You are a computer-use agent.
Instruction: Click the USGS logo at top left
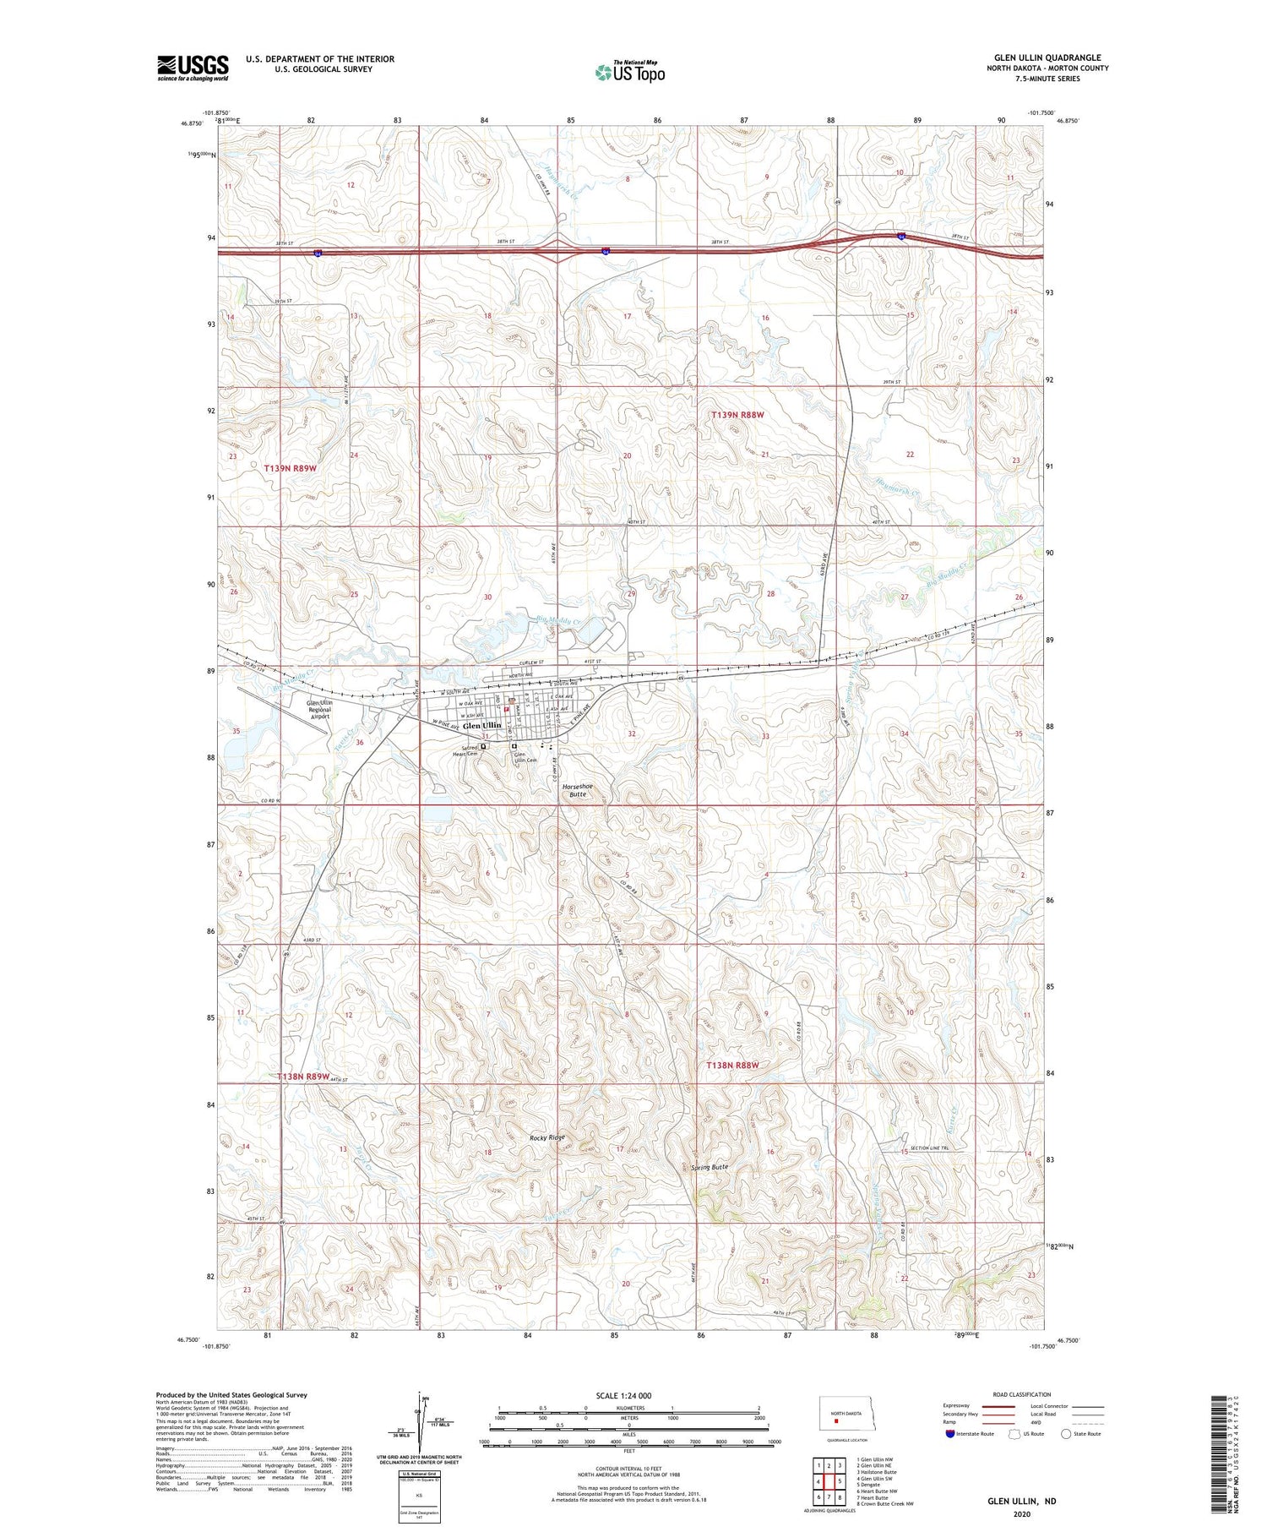tap(193, 68)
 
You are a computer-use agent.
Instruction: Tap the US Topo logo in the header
tap(629, 73)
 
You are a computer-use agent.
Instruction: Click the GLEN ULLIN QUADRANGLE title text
tap(1047, 58)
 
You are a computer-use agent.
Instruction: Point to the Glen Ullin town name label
tap(481, 725)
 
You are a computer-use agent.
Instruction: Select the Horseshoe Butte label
tap(578, 790)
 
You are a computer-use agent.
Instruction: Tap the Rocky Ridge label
tap(546, 1137)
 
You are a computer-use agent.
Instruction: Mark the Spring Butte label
tap(708, 1167)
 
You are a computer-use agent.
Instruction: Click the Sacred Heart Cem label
tap(465, 750)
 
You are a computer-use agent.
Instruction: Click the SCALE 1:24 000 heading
tap(628, 1395)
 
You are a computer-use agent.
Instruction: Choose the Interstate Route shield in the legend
tap(950, 1433)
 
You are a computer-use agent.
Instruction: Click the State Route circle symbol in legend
tap(1066, 1433)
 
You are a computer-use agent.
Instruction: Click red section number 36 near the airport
tap(360, 742)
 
